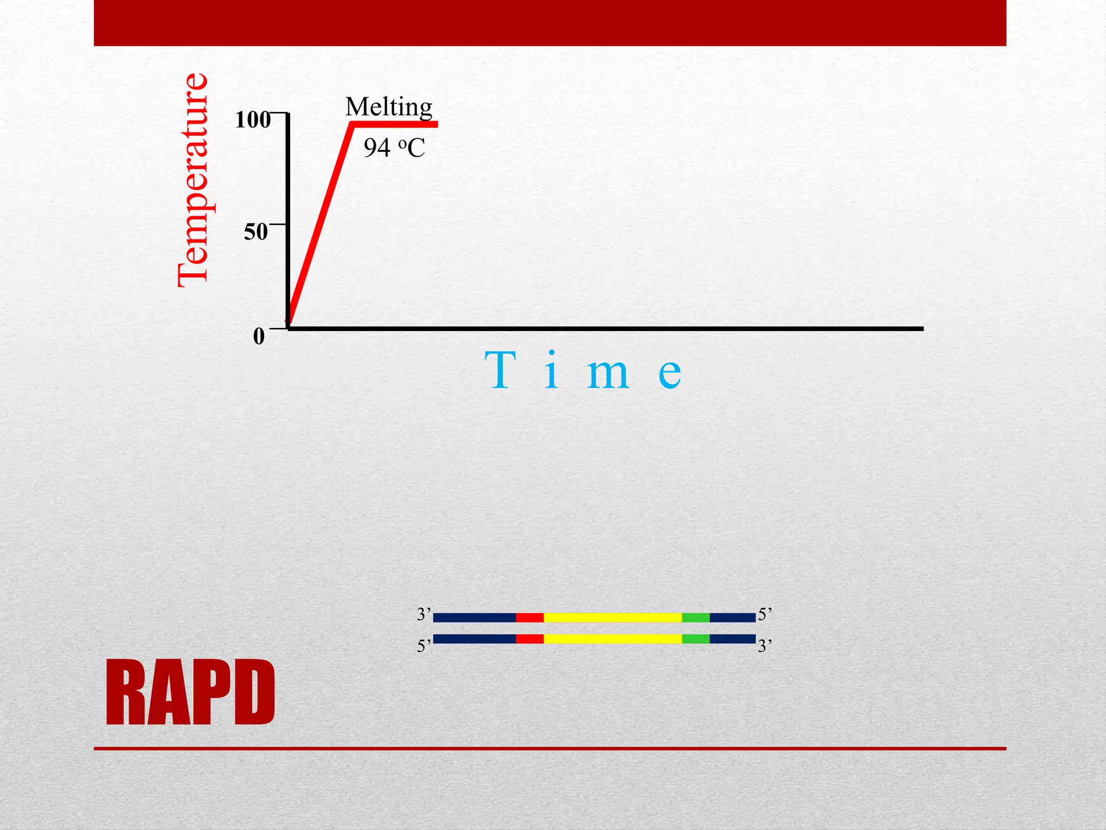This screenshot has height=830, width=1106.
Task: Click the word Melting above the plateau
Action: coord(389,107)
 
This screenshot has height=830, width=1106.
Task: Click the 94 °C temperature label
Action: coord(394,148)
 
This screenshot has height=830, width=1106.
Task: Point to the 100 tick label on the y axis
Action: coord(252,119)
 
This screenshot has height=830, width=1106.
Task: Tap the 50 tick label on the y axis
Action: coord(255,232)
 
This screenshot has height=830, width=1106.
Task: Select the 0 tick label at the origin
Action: coord(259,337)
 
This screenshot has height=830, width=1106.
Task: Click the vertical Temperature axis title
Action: coord(193,180)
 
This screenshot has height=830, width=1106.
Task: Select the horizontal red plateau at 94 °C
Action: coord(395,125)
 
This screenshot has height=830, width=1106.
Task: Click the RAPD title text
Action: coord(190,693)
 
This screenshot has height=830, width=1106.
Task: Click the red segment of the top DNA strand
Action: coord(529,618)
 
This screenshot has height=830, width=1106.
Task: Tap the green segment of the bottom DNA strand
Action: coord(696,639)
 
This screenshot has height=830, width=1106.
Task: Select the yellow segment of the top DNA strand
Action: coord(612,618)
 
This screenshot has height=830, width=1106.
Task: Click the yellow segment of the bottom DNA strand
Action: coord(612,639)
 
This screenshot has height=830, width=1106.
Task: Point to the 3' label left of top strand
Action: coord(424,614)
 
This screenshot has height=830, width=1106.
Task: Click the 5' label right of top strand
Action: coord(765,614)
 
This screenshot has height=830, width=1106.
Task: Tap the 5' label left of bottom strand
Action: coord(424,646)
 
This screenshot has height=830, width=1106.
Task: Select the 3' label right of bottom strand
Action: coord(765,646)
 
